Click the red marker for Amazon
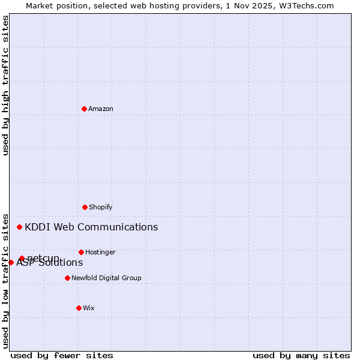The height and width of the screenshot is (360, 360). (84, 109)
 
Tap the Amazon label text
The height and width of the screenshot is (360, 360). (101, 109)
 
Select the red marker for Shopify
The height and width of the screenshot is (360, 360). (85, 207)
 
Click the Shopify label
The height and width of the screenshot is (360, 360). (101, 208)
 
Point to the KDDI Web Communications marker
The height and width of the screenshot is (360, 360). (19, 227)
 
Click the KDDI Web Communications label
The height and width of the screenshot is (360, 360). (91, 227)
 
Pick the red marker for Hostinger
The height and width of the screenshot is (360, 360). (81, 252)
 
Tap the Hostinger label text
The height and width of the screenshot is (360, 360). (100, 253)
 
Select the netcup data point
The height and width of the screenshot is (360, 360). (22, 259)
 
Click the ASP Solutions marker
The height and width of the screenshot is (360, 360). (11, 262)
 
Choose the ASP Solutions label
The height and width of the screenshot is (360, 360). (50, 263)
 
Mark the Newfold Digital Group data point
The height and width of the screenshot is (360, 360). (67, 278)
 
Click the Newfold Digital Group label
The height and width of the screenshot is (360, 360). (106, 278)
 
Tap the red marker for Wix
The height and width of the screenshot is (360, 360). (79, 308)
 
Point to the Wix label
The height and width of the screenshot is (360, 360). (89, 308)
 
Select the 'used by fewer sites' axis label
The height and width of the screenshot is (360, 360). (62, 355)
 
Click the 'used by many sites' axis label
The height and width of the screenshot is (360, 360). (301, 355)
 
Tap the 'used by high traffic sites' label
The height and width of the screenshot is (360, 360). (6, 85)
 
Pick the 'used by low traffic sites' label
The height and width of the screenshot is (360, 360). (6, 280)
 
